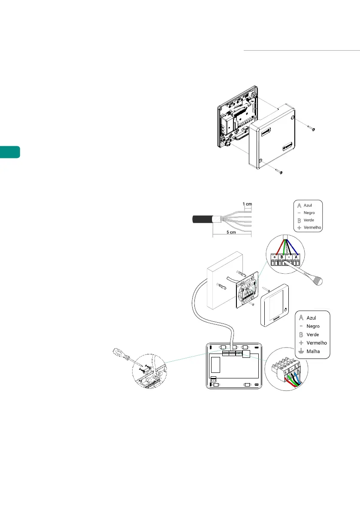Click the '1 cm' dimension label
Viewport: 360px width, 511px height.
tap(247, 204)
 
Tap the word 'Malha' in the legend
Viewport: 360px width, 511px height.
tap(314, 351)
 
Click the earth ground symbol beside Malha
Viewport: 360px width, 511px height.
tap(301, 351)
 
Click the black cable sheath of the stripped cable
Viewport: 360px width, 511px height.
tap(201, 220)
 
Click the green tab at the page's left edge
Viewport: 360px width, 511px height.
tap(10, 152)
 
